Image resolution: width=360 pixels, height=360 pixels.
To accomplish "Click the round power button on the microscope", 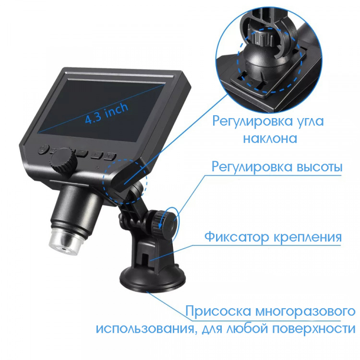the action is pyautogui.click(x=43, y=149).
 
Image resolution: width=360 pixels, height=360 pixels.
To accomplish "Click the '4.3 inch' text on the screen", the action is pyautogui.click(x=107, y=113).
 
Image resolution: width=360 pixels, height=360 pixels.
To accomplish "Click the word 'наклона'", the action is pyautogui.click(x=270, y=138).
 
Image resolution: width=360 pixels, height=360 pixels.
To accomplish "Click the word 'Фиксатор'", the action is pyautogui.click(x=237, y=237).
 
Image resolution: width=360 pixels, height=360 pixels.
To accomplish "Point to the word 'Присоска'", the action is pyautogui.click(x=218, y=312).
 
